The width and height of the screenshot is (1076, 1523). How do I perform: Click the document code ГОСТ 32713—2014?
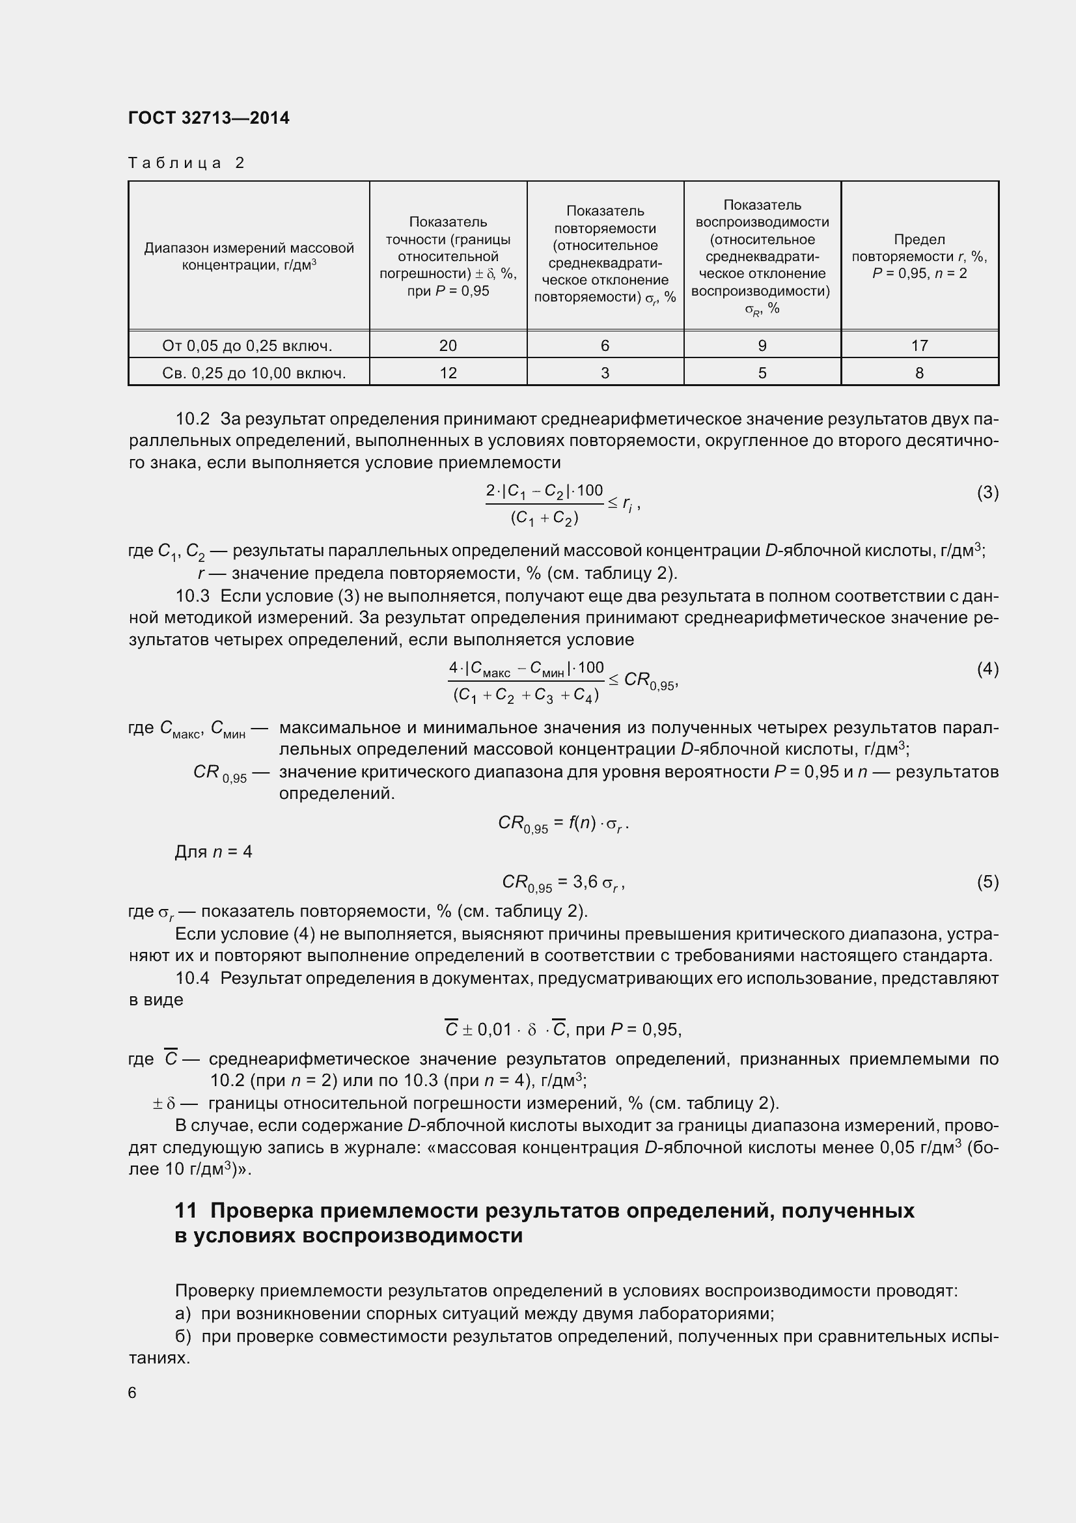pyautogui.click(x=209, y=118)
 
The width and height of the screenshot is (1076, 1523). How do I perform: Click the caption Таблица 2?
pyautogui.click(x=186, y=163)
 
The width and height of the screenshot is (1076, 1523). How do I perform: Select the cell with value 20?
pyautogui.click(x=448, y=346)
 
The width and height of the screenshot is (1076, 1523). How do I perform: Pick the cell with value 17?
pyautogui.click(x=920, y=346)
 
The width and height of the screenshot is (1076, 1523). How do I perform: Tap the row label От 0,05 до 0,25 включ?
pyautogui.click(x=247, y=346)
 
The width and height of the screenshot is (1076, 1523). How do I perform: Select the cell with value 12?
pyautogui.click(x=448, y=373)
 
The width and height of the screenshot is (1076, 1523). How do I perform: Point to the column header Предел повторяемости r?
pyautogui.click(x=920, y=256)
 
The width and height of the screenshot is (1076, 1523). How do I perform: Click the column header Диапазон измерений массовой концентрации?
pyautogui.click(x=249, y=256)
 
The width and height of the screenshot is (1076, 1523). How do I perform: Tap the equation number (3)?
pyautogui.click(x=987, y=492)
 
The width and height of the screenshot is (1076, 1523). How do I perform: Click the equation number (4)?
pyautogui.click(x=987, y=669)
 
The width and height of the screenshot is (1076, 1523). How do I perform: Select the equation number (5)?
pyautogui.click(x=987, y=882)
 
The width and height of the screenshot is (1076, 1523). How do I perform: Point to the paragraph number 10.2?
pyautogui.click(x=192, y=419)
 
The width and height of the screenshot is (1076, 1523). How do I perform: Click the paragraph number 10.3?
pyautogui.click(x=192, y=596)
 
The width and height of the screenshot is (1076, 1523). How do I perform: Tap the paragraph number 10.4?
pyautogui.click(x=192, y=979)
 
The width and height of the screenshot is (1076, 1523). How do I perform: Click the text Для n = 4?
pyautogui.click(x=214, y=852)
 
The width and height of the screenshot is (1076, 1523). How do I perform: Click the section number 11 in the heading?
pyautogui.click(x=186, y=1210)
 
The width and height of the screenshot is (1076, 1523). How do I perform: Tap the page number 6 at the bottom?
pyautogui.click(x=133, y=1393)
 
